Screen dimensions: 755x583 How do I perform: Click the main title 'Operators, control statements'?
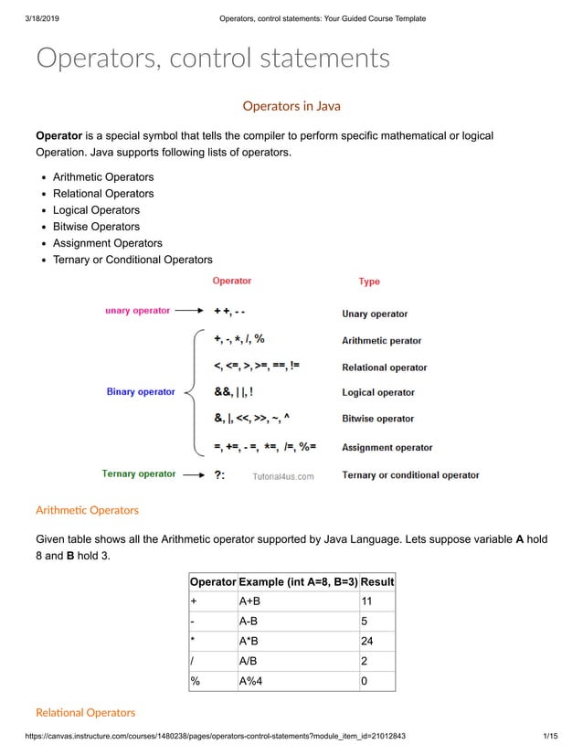point(212,58)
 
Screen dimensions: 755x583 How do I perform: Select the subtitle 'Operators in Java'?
point(291,106)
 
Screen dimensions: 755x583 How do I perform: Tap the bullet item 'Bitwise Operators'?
point(96,227)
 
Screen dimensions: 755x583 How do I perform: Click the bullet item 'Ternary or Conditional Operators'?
point(132,260)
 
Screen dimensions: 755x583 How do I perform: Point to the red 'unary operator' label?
point(137,311)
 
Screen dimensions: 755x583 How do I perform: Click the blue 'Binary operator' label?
point(141,392)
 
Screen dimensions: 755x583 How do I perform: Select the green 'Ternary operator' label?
point(139,473)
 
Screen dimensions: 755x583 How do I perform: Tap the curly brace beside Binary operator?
point(191,392)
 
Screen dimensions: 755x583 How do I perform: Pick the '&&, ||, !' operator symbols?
point(234,392)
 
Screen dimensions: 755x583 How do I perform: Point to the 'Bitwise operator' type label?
point(377,419)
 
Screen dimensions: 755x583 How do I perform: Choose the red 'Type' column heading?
point(369,282)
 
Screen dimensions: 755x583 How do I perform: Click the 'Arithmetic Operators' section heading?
point(87,510)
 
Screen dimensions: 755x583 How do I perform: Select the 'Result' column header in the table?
point(377,582)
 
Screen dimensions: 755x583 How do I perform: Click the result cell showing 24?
point(367,641)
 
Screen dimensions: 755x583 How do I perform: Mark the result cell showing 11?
point(366,601)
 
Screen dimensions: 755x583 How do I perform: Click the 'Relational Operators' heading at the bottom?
point(85,712)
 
